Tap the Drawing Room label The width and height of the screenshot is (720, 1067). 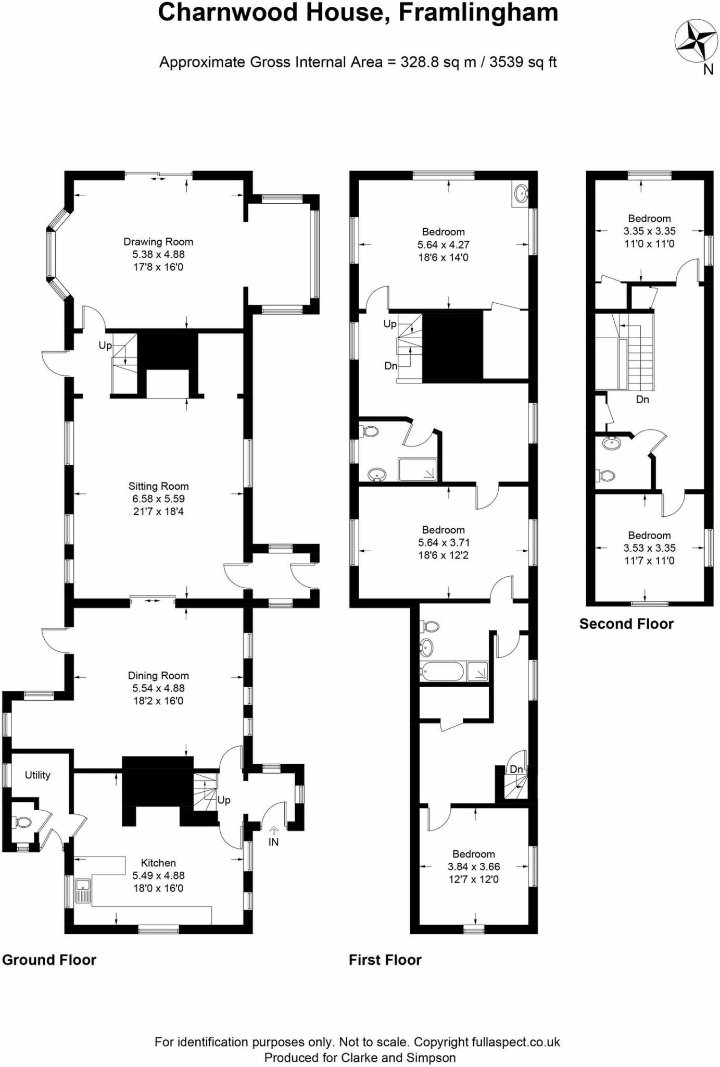[158, 242]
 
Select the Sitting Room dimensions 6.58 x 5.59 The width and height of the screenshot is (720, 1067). [158, 499]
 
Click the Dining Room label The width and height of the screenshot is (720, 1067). [158, 676]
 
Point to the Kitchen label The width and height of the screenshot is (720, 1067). [158, 863]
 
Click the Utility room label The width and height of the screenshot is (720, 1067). [37, 775]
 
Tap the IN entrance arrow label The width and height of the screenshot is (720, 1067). [273, 841]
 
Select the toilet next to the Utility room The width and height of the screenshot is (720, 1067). [22, 823]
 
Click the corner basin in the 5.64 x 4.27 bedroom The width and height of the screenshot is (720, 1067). [521, 194]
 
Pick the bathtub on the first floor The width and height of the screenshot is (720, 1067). [442, 672]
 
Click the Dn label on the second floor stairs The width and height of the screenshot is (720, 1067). [642, 400]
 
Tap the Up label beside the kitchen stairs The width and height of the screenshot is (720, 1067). [224, 800]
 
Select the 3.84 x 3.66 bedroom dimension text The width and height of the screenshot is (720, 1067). [474, 867]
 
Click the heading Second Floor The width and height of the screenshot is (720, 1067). [626, 624]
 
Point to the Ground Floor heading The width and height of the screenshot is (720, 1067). [49, 960]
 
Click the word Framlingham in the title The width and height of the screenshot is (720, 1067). [478, 13]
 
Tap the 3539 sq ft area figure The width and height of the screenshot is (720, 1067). [523, 63]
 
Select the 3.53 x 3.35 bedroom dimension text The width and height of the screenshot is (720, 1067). [649, 548]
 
